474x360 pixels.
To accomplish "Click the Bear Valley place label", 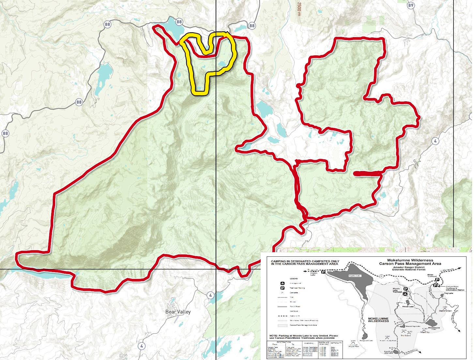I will pyautogui.click(x=178, y=312).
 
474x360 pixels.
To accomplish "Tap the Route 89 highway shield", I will pyautogui.click(x=411, y=5).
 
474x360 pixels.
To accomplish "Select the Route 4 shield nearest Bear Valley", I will pyautogui.click(x=210, y=295).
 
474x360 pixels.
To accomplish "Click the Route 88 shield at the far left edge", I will pyautogui.click(x=5, y=133).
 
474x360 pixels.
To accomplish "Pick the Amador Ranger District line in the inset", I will pyautogui.click(x=409, y=267).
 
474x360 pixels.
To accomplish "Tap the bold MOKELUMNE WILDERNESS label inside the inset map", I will pyautogui.click(x=378, y=320).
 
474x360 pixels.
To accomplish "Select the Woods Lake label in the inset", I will pyautogui.click(x=408, y=307).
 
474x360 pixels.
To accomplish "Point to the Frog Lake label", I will pyautogui.click(x=449, y=293).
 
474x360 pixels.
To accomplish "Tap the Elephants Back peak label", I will pyautogui.click(x=445, y=310).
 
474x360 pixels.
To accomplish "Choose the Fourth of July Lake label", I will pyautogui.click(x=389, y=352).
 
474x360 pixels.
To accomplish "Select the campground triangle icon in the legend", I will pyautogui.click(x=283, y=283).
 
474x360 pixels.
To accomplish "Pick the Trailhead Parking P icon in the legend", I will pyautogui.click(x=283, y=288).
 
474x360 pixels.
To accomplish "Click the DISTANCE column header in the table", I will pyautogui.click(x=324, y=343).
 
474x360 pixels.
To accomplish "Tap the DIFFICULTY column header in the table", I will pyautogui.click(x=336, y=343).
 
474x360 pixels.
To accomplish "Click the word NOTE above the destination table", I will pyautogui.click(x=273, y=336).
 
